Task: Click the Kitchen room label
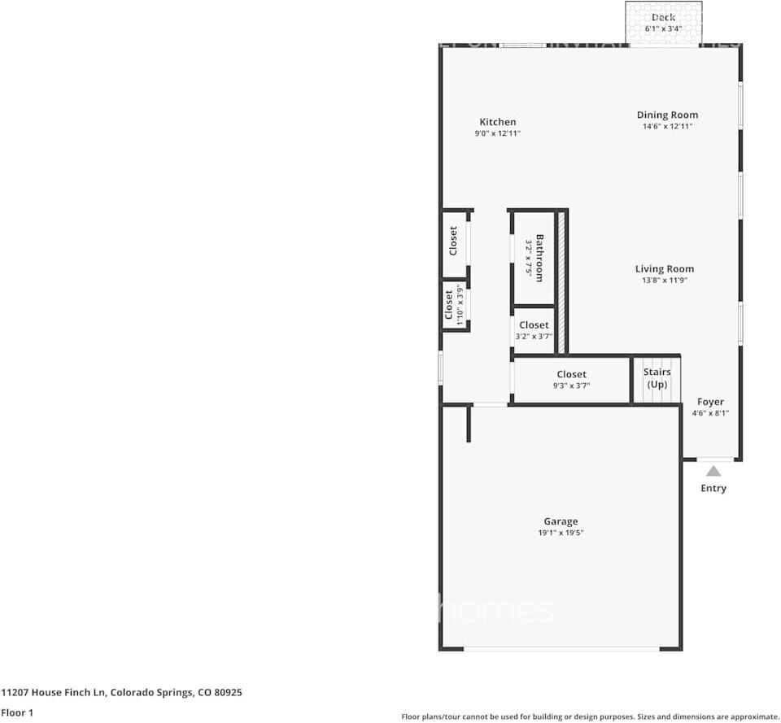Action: (497, 122)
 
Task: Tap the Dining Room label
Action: (667, 115)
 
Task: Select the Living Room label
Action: (665, 268)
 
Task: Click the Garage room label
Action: (561, 521)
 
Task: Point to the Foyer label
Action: (710, 402)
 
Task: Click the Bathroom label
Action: (539, 258)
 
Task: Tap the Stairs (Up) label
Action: (657, 377)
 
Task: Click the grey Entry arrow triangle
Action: (713, 471)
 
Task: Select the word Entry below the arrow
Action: (713, 488)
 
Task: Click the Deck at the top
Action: (663, 22)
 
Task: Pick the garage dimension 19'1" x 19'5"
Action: (561, 534)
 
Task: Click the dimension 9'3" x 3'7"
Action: (571, 385)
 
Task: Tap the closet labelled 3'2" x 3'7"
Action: (534, 330)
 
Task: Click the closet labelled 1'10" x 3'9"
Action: (454, 306)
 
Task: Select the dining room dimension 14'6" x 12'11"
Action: (667, 127)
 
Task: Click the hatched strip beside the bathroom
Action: (561, 282)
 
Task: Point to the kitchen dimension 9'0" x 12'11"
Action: (497, 133)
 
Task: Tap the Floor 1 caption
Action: (18, 712)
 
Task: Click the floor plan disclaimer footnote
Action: (590, 716)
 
